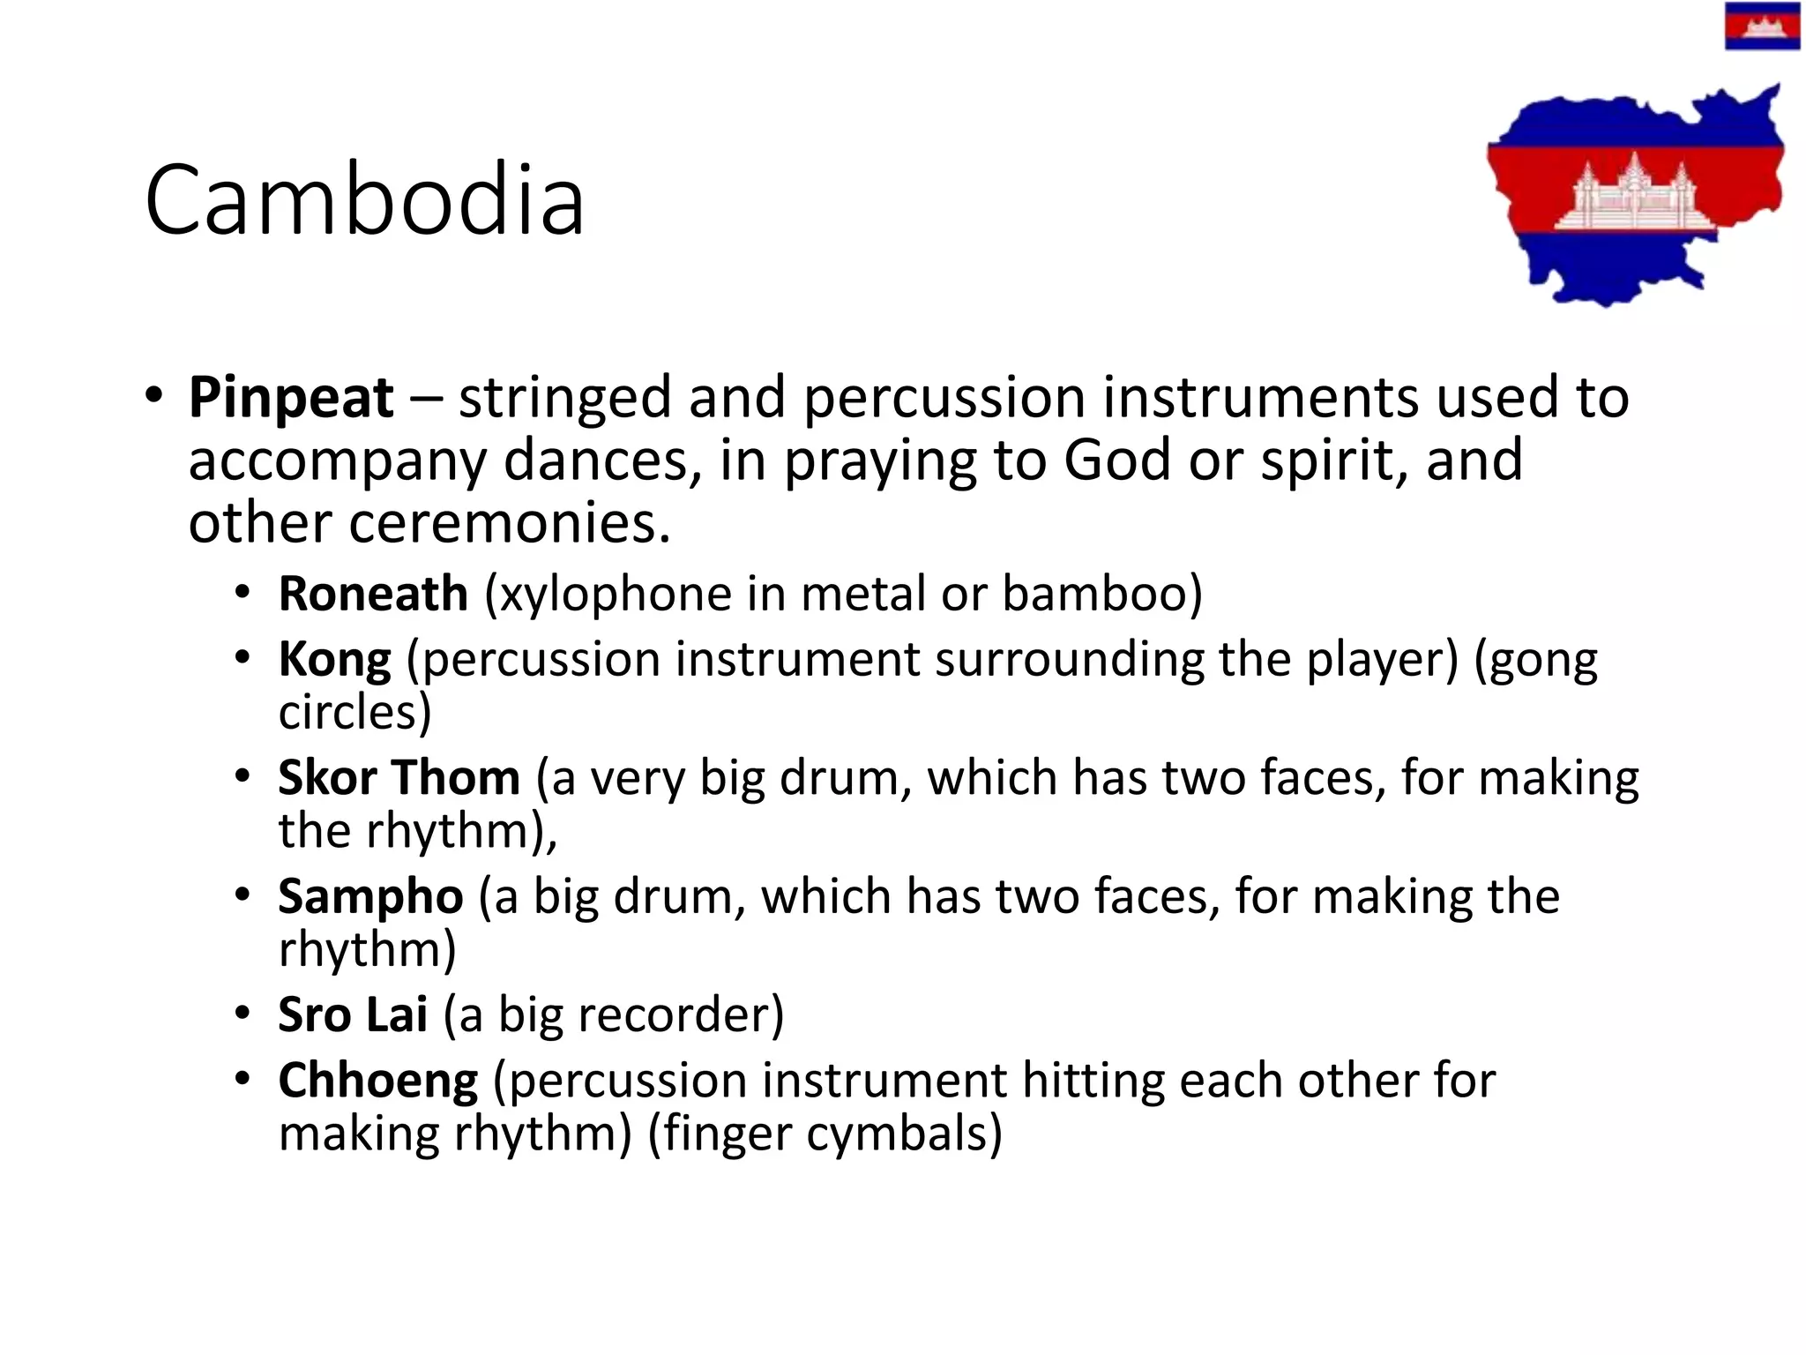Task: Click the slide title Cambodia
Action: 364,200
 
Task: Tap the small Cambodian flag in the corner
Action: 1762,26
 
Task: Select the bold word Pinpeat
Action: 291,398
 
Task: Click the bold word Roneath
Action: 373,593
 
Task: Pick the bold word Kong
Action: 334,660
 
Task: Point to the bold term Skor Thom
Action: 399,778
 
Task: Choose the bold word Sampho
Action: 370,897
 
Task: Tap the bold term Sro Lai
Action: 353,1014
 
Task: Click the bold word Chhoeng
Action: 378,1081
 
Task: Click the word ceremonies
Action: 509,522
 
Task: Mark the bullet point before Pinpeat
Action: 154,396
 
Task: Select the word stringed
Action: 565,398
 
